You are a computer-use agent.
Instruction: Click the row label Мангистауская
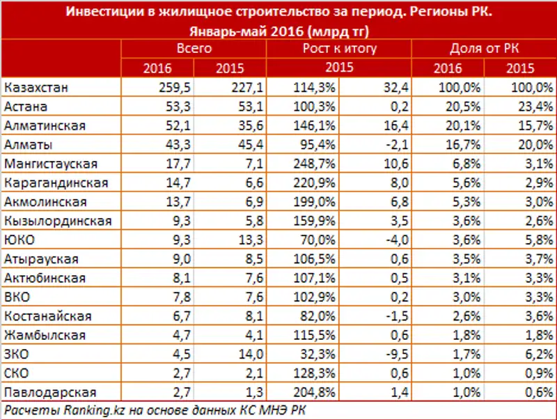50,164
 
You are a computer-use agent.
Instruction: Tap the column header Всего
194,49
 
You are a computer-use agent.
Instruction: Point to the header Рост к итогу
339,49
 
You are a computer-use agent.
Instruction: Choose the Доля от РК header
483,49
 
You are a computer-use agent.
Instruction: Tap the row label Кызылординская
57,221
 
